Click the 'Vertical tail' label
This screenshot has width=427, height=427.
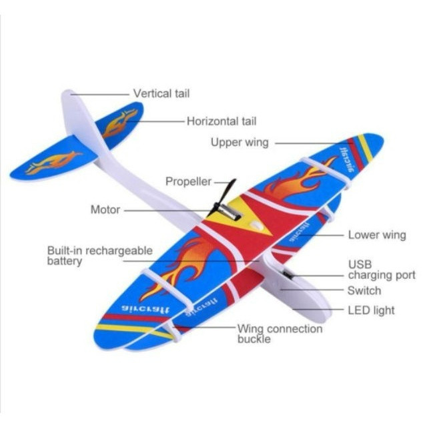coord(161,93)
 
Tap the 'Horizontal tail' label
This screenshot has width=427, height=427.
coord(221,121)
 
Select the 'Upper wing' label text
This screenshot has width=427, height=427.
coord(240,142)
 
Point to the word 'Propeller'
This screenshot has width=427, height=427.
coord(188,181)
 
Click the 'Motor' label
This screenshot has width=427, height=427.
coord(105,209)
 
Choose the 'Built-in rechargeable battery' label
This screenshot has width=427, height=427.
coord(99,256)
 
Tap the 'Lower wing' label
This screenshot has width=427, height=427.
coord(376,235)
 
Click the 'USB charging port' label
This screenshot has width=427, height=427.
coord(381,270)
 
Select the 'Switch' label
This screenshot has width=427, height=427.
coord(364,291)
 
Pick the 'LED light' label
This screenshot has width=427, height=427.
coord(370,310)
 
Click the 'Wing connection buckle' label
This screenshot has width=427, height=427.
coord(280,334)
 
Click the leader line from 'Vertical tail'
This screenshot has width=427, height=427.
coord(100,93)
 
